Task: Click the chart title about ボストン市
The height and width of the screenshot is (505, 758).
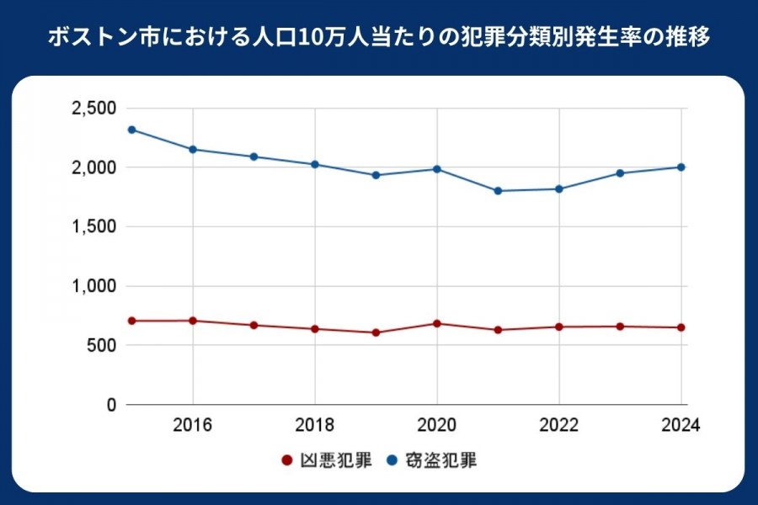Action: tap(379, 38)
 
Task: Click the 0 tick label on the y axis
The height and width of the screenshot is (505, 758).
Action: tap(110, 405)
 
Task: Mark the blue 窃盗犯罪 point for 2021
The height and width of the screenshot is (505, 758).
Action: tap(498, 191)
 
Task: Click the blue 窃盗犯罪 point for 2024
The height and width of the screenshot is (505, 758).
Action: tap(681, 167)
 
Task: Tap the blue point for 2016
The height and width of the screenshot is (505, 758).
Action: tap(193, 149)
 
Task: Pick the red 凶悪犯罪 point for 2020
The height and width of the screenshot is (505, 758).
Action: tap(437, 323)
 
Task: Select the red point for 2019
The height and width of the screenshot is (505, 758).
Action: tap(376, 332)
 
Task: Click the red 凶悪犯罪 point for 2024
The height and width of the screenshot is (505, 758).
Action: tap(681, 327)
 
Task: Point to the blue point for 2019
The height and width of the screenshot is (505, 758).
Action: tap(376, 175)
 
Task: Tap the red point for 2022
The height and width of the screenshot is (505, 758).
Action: tap(559, 327)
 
